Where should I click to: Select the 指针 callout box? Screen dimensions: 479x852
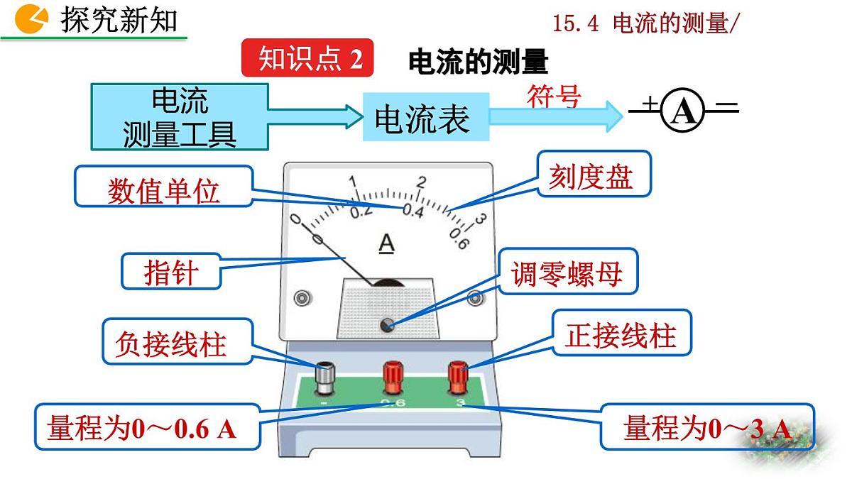pos(170,271)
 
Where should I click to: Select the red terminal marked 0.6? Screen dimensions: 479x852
pos(392,377)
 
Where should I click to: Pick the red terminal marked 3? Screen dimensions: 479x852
pos(457,377)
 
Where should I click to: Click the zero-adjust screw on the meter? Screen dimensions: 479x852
pos(388,324)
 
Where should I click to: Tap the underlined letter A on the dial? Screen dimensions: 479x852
pos(386,243)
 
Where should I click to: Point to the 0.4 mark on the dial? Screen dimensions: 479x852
pos(413,210)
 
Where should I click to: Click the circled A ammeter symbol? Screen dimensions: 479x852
pos(683,110)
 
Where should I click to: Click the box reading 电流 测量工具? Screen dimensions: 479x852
pos(180,116)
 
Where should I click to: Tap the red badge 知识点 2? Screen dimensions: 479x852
pos(307,57)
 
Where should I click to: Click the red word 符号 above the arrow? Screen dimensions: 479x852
pos(553,95)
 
